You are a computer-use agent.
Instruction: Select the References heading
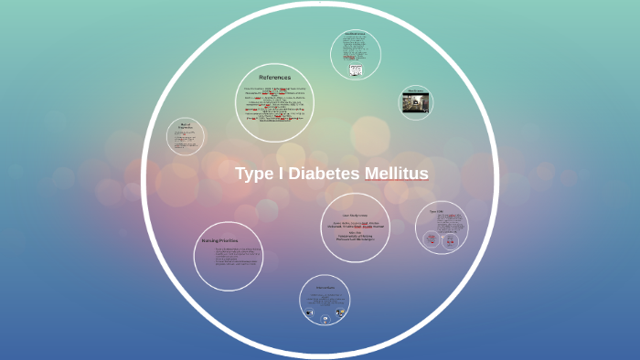tap(274, 77)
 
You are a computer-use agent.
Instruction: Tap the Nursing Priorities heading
tap(219, 240)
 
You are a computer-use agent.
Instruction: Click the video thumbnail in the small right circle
tap(414, 102)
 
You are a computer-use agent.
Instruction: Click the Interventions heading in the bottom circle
tap(325, 287)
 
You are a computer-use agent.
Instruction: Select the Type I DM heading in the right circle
tap(436, 212)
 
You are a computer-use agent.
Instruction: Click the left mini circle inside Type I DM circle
tap(431, 238)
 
